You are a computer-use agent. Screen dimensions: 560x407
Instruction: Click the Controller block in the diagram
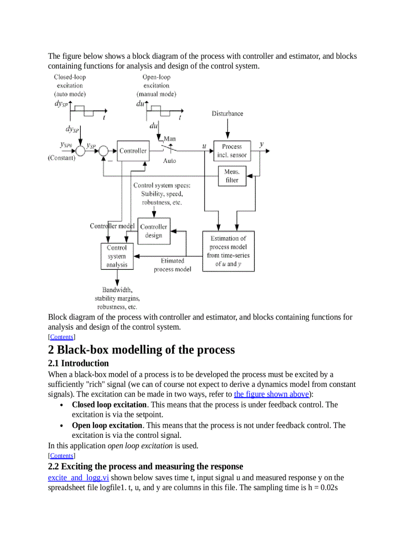point(133,151)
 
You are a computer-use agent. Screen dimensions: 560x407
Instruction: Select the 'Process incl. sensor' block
point(232,151)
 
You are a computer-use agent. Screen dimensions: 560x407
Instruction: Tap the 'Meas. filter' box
point(232,176)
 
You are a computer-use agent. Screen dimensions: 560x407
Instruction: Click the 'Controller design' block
point(154,231)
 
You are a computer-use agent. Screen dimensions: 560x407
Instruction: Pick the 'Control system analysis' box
point(117,256)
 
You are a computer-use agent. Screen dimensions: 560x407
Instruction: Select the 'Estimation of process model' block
point(228,251)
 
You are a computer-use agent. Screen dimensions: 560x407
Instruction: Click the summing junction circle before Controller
point(104,151)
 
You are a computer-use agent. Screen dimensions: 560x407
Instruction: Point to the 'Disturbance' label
point(227,114)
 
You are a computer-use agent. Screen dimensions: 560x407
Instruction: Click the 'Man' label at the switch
point(169,139)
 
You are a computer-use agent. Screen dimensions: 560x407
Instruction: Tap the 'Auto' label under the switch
point(170,161)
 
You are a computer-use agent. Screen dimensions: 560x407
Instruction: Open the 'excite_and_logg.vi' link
point(78,477)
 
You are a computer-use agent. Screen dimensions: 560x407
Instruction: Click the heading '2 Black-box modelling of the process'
point(141,350)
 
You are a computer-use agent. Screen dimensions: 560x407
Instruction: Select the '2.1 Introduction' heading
point(78,363)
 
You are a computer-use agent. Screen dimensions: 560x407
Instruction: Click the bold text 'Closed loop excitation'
point(109,404)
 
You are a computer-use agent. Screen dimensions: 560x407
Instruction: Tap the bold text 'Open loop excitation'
point(107,425)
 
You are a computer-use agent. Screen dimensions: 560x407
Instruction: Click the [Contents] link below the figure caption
point(61,337)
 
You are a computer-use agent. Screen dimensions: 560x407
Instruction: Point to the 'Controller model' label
point(112,226)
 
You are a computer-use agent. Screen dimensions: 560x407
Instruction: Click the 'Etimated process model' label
point(172,265)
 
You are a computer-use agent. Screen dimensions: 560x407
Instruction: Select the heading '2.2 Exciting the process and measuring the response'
point(146,466)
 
